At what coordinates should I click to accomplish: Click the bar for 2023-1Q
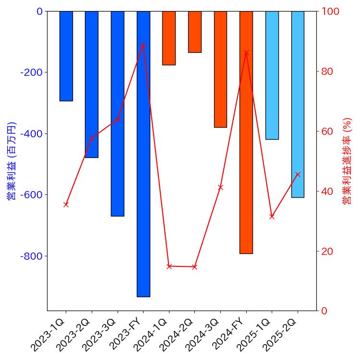point(66,56)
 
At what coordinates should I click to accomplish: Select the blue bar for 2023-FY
point(143,154)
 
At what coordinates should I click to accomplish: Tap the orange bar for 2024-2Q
point(194,32)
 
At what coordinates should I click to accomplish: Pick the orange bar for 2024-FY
point(246,132)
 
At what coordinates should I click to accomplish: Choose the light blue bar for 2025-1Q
point(272,75)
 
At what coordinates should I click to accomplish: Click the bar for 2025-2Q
point(298,104)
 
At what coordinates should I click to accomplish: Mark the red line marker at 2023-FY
point(143,45)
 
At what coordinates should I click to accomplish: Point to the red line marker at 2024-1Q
point(169,266)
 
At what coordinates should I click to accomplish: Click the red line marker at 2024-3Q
point(220,187)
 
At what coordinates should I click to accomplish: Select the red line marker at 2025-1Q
point(272,216)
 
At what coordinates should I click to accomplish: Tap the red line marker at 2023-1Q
point(66,204)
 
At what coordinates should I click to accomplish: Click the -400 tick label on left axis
point(31,133)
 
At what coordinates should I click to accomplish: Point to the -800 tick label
point(31,256)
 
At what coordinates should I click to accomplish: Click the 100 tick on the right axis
point(331,11)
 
